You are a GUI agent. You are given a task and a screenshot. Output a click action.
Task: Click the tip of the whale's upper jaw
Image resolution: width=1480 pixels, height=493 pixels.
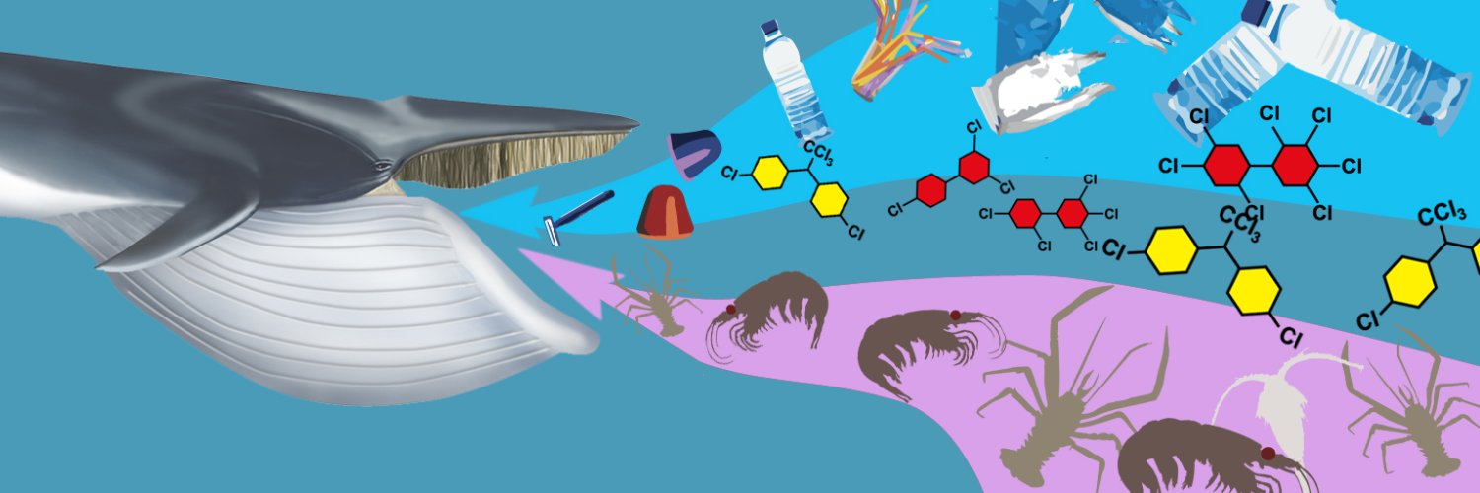[x=638, y=122]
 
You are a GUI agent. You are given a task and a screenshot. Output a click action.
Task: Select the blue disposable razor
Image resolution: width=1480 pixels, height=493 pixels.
[x=577, y=217]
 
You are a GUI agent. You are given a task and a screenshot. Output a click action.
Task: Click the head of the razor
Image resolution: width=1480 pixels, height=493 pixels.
[x=551, y=231]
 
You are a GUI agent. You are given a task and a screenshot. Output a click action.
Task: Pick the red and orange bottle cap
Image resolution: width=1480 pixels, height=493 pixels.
[x=665, y=212]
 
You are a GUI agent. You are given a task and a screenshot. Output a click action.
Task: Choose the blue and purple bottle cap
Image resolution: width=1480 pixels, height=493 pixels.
[x=694, y=153]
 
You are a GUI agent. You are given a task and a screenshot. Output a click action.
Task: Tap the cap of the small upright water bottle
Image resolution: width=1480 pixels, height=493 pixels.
[x=769, y=27]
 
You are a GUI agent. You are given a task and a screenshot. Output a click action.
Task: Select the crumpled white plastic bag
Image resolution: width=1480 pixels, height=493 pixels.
[x=1037, y=93]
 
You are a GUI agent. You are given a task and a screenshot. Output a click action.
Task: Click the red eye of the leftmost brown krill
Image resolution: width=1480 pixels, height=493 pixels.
[x=731, y=309]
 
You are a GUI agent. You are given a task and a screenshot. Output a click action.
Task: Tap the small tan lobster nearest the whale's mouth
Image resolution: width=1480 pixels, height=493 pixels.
[x=654, y=291]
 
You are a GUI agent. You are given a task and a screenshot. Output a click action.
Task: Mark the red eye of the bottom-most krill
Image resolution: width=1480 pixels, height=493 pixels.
[x=1267, y=454]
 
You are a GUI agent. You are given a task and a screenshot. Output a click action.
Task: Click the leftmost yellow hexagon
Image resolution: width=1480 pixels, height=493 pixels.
[x=771, y=173]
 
